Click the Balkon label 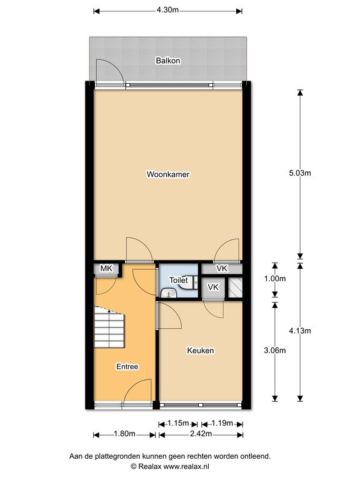[167, 61]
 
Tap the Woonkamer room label [168, 174]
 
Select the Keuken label [201, 351]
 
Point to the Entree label [127, 366]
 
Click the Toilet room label [179, 280]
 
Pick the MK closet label [106, 269]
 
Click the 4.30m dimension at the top [167, 10]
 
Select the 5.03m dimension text [300, 173]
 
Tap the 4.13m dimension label [300, 331]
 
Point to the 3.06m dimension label [275, 350]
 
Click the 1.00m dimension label [275, 279]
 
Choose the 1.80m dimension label [124, 434]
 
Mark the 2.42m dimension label [201, 434]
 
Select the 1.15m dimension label [178, 423]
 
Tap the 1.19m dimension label [222, 423]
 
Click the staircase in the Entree [109, 327]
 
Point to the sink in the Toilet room [169, 293]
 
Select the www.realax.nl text [186, 466]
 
